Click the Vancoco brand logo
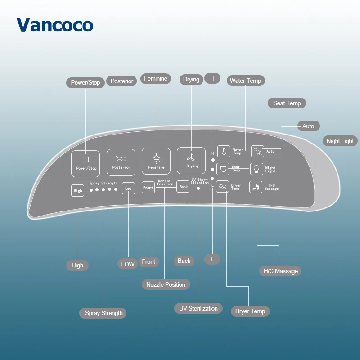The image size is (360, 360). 55,25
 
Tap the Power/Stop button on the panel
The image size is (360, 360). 85,162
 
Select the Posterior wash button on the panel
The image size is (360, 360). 121,162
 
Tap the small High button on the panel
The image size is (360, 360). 78,191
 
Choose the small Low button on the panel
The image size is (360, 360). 128,189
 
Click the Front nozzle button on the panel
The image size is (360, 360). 148,187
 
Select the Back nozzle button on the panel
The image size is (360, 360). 183,187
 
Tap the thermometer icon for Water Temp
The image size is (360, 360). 224,151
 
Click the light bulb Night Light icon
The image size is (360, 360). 257,169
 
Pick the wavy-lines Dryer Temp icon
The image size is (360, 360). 222,186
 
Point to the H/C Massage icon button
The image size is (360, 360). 256,187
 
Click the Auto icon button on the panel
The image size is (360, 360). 257,151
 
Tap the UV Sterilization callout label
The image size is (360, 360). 198,308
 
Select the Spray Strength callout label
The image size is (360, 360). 104,313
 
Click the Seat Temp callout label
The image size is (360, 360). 287,103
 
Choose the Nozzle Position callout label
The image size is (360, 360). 166,284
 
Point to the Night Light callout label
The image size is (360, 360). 340,141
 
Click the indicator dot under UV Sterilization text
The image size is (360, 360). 198,189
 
